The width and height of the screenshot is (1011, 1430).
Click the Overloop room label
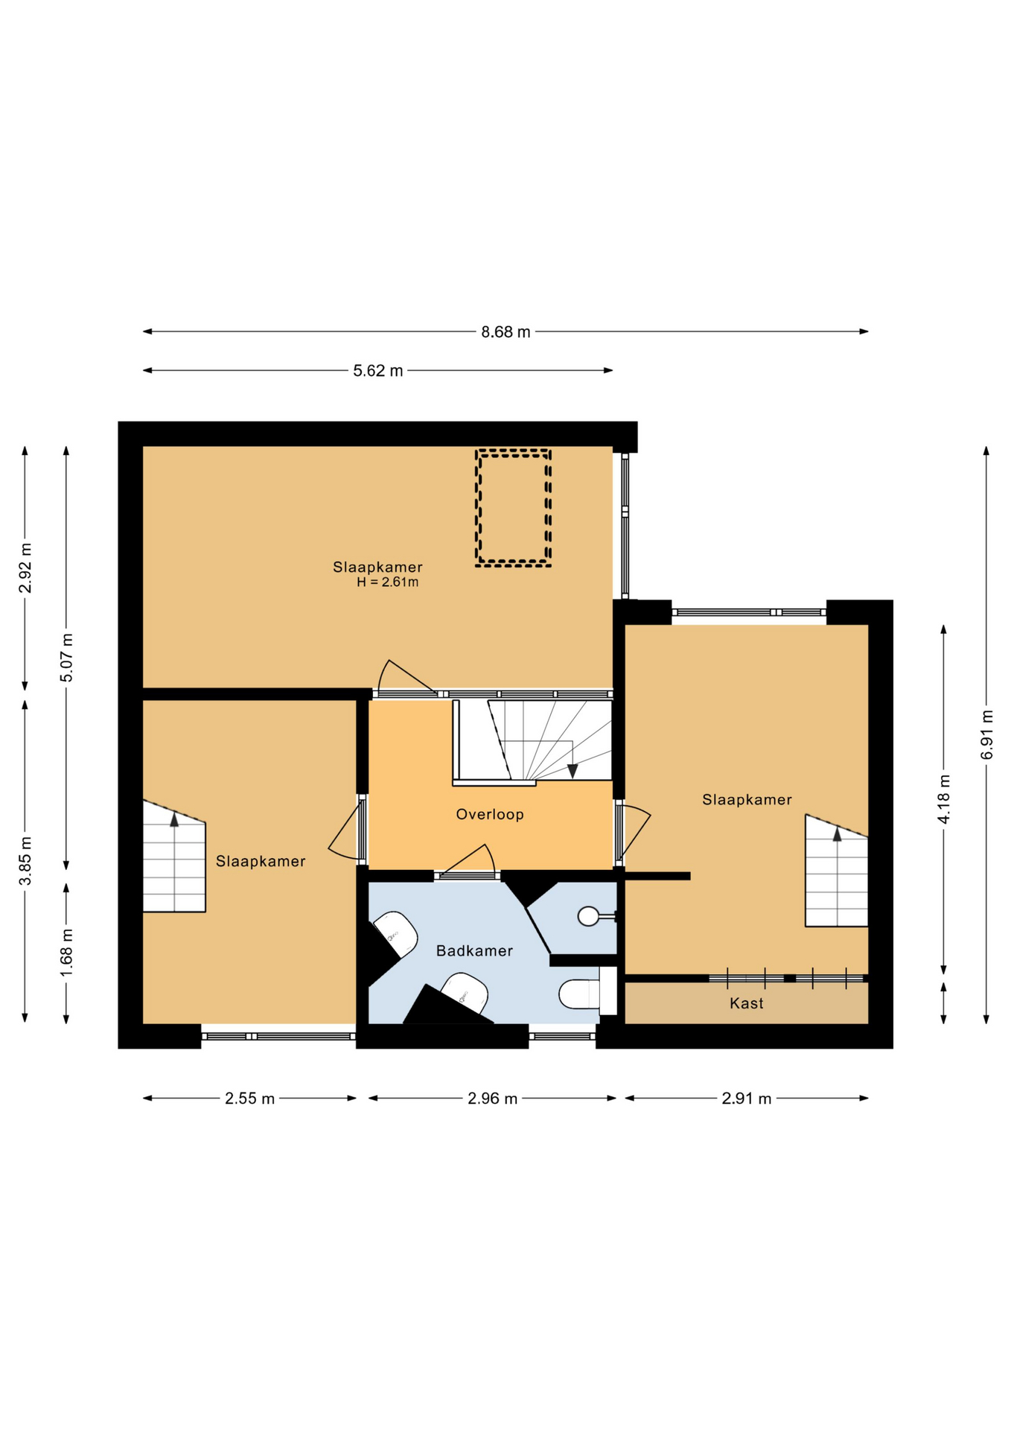pyautogui.click(x=490, y=814)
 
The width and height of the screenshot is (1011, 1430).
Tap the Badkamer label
pyautogui.click(x=474, y=950)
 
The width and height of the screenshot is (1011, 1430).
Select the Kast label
pyautogui.click(x=746, y=1003)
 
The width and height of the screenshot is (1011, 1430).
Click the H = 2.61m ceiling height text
pyautogui.click(x=387, y=582)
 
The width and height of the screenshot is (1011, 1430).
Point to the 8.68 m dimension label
pyautogui.click(x=505, y=332)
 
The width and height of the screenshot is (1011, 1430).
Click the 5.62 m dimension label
pyautogui.click(x=378, y=371)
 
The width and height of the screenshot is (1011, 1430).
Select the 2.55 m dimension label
pyautogui.click(x=250, y=1099)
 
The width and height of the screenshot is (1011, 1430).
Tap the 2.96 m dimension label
pyautogui.click(x=492, y=1099)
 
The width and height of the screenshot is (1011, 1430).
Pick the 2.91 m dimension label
pyautogui.click(x=747, y=1099)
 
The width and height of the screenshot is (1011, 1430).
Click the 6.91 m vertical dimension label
pyautogui.click(x=986, y=734)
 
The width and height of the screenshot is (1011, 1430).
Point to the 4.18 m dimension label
pyautogui.click(x=944, y=799)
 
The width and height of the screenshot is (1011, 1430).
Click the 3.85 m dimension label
pyautogui.click(x=25, y=861)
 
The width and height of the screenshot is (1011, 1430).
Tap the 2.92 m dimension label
pyautogui.click(x=25, y=568)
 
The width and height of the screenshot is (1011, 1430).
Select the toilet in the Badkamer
pyautogui.click(x=581, y=994)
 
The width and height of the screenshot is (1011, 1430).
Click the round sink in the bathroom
pyautogui.click(x=588, y=916)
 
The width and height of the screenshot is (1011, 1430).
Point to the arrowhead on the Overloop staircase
pyautogui.click(x=573, y=771)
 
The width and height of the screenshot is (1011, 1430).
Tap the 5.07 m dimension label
pyautogui.click(x=66, y=658)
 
